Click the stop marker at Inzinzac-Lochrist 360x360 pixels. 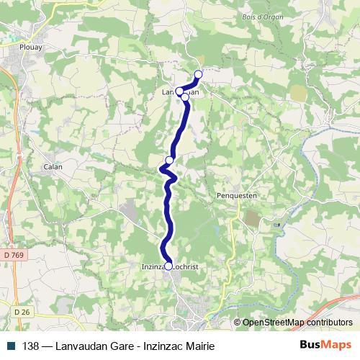(x=168, y=266)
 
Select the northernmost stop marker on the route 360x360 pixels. (x=199, y=74)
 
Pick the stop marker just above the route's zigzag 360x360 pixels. (x=170, y=160)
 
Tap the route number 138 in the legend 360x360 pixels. (x=31, y=346)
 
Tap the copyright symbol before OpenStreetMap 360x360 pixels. (x=238, y=323)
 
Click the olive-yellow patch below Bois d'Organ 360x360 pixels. (x=297, y=92)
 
